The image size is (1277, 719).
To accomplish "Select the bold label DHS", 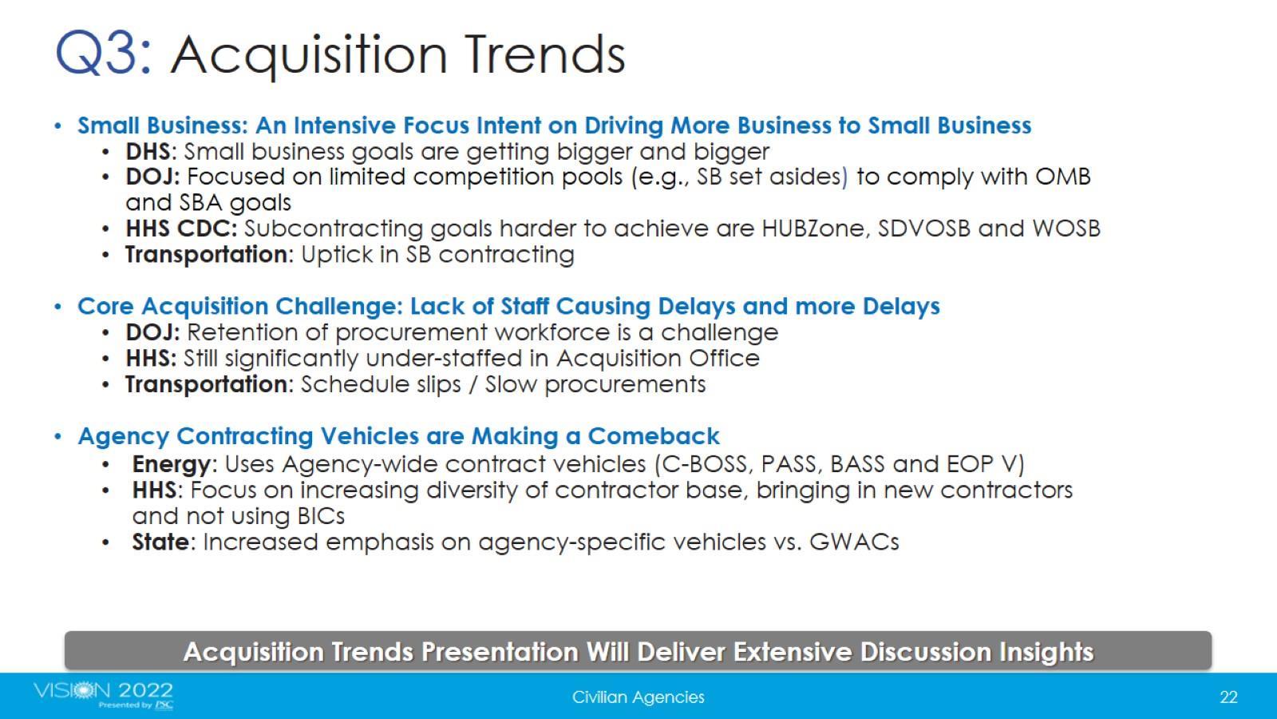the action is click(x=148, y=152).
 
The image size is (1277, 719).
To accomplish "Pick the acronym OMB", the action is click(x=1062, y=177).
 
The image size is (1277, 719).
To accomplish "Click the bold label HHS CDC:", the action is click(x=181, y=228).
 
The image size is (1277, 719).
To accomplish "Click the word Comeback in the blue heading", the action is click(x=654, y=436).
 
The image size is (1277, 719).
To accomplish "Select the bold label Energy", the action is click(x=172, y=464).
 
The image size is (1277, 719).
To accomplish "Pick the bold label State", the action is click(x=160, y=542).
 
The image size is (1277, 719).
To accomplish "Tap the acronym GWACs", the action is click(x=854, y=542).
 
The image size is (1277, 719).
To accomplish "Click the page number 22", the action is click(x=1228, y=697).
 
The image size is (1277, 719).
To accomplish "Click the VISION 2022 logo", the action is click(x=103, y=694).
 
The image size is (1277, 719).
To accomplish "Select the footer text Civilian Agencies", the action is click(x=638, y=697).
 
